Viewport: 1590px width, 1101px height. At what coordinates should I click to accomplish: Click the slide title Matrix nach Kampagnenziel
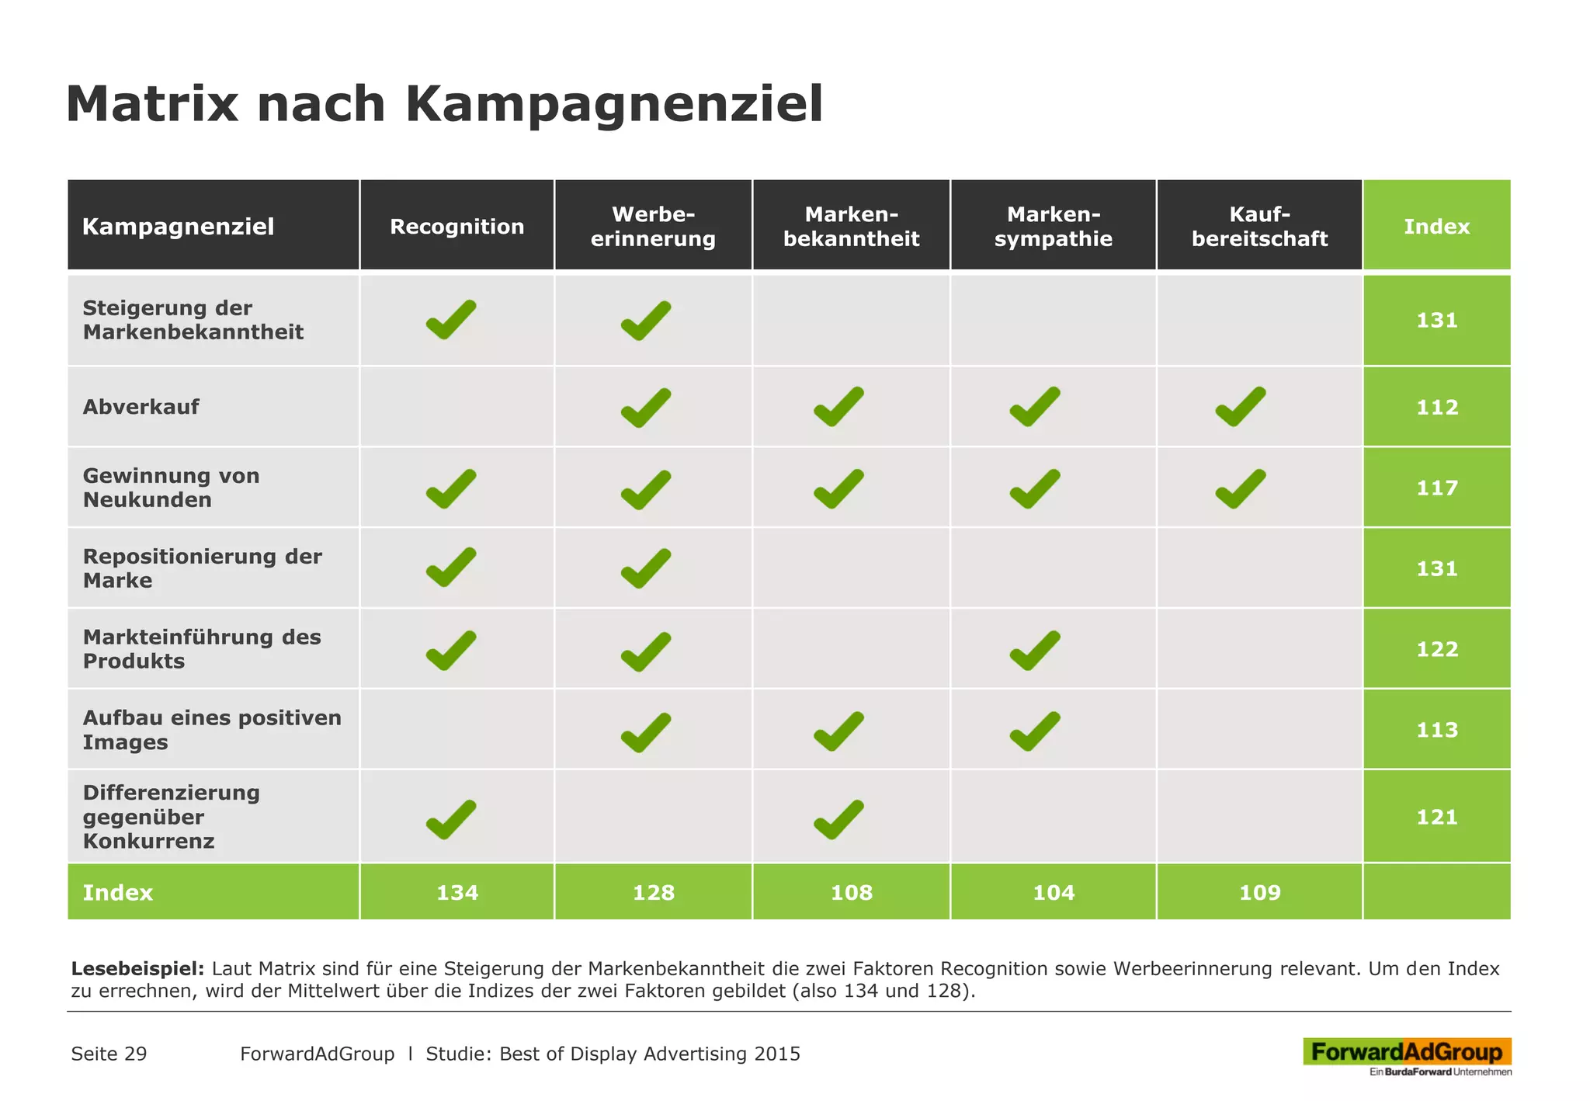pyautogui.click(x=444, y=104)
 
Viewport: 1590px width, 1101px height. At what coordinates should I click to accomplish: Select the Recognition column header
pyautogui.click(x=457, y=227)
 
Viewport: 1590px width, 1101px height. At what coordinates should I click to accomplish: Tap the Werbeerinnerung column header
pyautogui.click(x=653, y=227)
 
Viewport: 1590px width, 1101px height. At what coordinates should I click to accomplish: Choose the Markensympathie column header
pyautogui.click(x=1053, y=227)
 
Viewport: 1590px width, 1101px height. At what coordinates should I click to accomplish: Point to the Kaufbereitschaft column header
pyautogui.click(x=1259, y=227)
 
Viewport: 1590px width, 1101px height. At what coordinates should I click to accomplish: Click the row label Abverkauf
pyautogui.click(x=141, y=407)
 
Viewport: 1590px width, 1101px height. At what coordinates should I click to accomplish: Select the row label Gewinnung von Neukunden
pyautogui.click(x=171, y=488)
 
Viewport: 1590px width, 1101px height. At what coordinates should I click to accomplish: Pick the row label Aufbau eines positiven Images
pyautogui.click(x=211, y=730)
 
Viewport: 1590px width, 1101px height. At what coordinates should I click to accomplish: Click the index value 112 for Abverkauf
pyautogui.click(x=1436, y=408)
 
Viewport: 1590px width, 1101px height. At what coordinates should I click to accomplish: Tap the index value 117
pyautogui.click(x=1436, y=488)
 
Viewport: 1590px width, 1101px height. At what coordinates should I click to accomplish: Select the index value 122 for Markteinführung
pyautogui.click(x=1436, y=650)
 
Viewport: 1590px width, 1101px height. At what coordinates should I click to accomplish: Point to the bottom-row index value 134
pyautogui.click(x=457, y=893)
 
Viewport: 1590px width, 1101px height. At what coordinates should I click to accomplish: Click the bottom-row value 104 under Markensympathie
pyautogui.click(x=1053, y=893)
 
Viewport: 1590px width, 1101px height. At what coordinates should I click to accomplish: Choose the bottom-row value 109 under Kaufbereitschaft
pyautogui.click(x=1259, y=893)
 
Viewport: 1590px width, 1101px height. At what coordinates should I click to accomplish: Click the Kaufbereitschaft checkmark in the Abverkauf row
pyautogui.click(x=1240, y=407)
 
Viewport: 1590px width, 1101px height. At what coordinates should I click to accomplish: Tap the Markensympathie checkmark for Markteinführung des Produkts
pyautogui.click(x=1034, y=651)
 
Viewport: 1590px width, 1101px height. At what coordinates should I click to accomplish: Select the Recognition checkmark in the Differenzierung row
pyautogui.click(x=450, y=819)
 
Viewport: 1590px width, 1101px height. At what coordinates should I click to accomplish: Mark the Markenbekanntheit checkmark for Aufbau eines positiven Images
pyautogui.click(x=838, y=731)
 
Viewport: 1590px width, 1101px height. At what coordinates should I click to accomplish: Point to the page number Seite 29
pyautogui.click(x=109, y=1054)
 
